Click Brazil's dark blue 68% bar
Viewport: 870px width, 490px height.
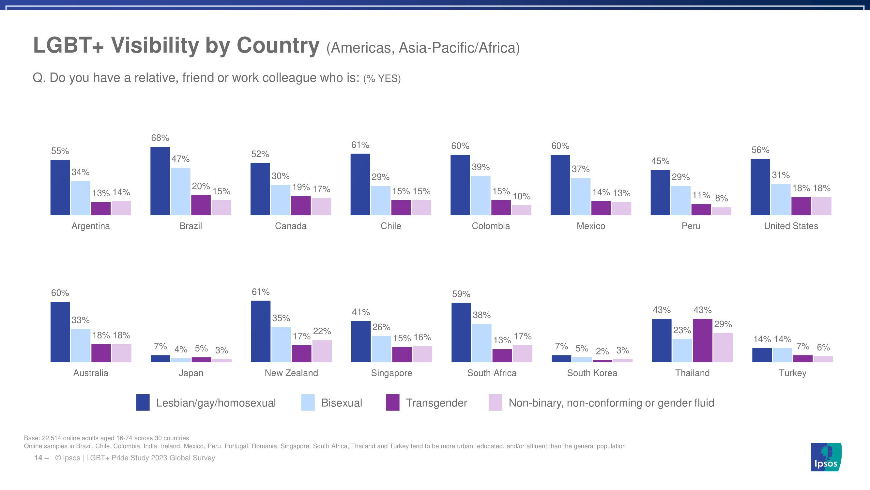tap(160, 181)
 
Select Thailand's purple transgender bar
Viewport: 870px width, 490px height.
tap(702, 340)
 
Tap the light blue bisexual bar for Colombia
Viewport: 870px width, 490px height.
tap(481, 195)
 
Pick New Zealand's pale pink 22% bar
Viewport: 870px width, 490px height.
tap(322, 351)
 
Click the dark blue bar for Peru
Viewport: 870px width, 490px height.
tap(660, 192)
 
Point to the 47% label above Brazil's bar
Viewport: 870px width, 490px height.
tap(180, 159)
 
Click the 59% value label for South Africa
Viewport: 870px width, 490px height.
tap(461, 294)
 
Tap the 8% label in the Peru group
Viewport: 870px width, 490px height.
tap(721, 198)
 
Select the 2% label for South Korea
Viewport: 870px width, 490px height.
tap(602, 351)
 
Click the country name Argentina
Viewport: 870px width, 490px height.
tap(90, 226)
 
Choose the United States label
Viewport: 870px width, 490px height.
tap(791, 226)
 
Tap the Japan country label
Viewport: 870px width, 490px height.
tap(191, 373)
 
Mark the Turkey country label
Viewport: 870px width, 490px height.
tap(792, 373)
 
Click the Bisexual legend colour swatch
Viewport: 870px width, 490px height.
tap(308, 402)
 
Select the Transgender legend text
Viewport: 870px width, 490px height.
tap(436, 403)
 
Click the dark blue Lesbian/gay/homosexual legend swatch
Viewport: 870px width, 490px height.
tap(143, 402)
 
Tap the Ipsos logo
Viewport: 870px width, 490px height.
tap(826, 457)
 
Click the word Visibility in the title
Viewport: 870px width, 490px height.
tap(155, 45)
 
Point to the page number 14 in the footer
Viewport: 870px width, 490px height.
tap(38, 458)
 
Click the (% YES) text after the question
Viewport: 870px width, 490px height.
tap(382, 78)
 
